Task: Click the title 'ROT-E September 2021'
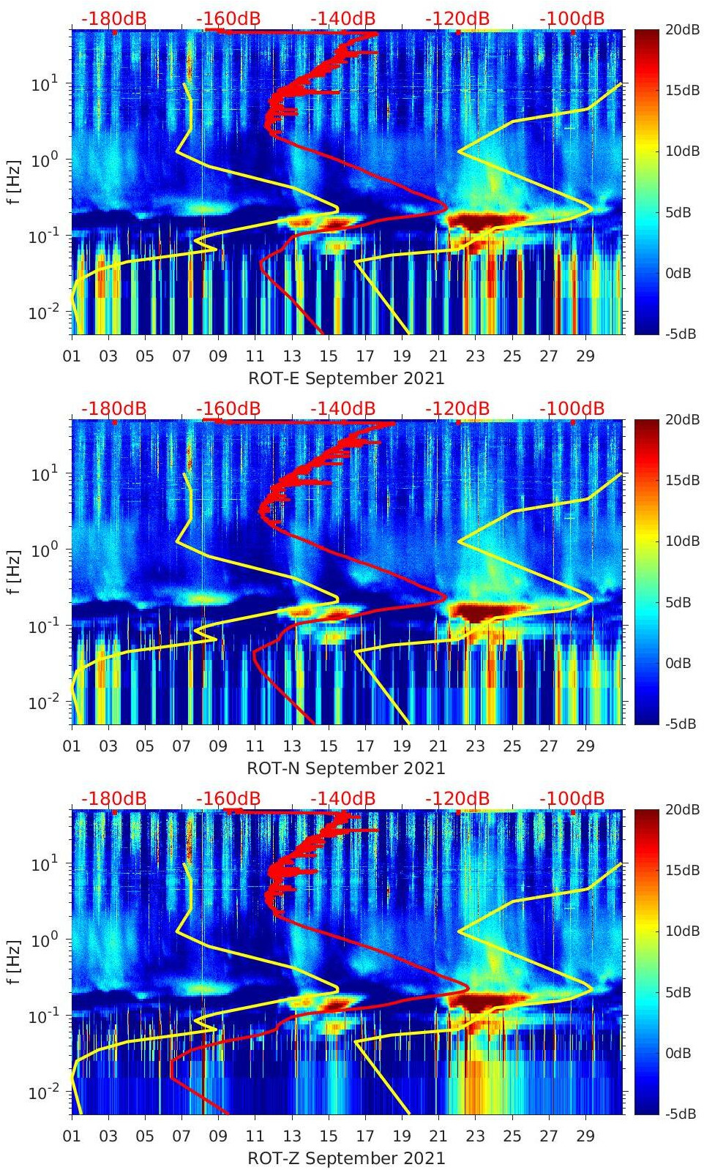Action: (x=346, y=378)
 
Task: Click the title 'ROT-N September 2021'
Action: (x=346, y=768)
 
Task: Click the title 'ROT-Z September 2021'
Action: (x=346, y=1158)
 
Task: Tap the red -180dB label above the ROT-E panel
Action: (x=113, y=18)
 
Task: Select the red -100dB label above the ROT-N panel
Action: (x=572, y=408)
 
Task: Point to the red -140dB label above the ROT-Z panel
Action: (x=342, y=798)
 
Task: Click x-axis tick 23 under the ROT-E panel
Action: (x=475, y=356)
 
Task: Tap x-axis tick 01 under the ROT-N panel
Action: (x=72, y=746)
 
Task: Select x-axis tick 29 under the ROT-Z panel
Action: (x=585, y=1136)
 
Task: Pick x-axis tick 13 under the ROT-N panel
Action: (x=291, y=746)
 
